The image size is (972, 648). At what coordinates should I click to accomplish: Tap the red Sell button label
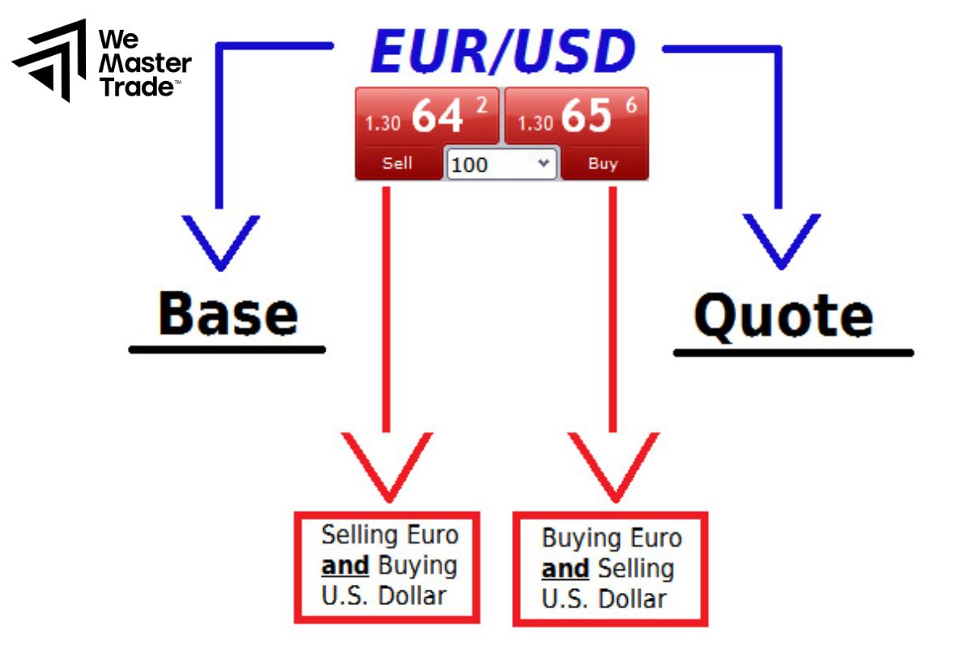397,163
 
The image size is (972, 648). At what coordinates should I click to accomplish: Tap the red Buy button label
603,164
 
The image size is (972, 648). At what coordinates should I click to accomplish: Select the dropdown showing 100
501,164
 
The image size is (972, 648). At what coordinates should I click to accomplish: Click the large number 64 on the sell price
437,117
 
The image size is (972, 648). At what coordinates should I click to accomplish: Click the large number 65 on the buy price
586,117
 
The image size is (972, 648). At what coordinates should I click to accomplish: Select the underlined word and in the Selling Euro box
345,565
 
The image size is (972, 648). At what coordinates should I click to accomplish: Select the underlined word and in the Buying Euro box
565,569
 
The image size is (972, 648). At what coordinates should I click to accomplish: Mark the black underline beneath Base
228,350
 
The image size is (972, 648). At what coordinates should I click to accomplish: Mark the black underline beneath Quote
793,353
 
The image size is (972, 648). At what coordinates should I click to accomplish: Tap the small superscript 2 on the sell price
482,104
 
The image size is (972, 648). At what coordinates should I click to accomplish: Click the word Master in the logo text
145,63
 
